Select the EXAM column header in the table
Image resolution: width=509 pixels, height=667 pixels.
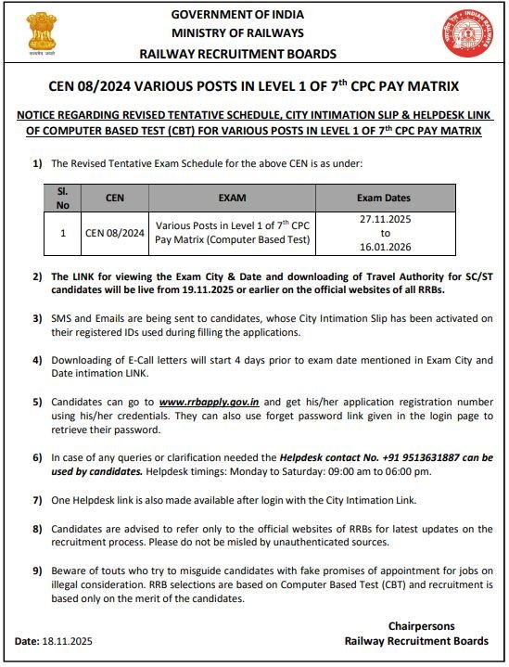click(232, 198)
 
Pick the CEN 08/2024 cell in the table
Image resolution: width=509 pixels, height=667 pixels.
click(115, 233)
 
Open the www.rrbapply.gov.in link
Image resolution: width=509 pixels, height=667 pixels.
click(207, 401)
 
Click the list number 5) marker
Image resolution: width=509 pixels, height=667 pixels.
click(37, 401)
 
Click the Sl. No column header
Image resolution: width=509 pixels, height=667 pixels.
click(63, 198)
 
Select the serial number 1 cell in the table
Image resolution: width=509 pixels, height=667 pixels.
click(63, 233)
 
